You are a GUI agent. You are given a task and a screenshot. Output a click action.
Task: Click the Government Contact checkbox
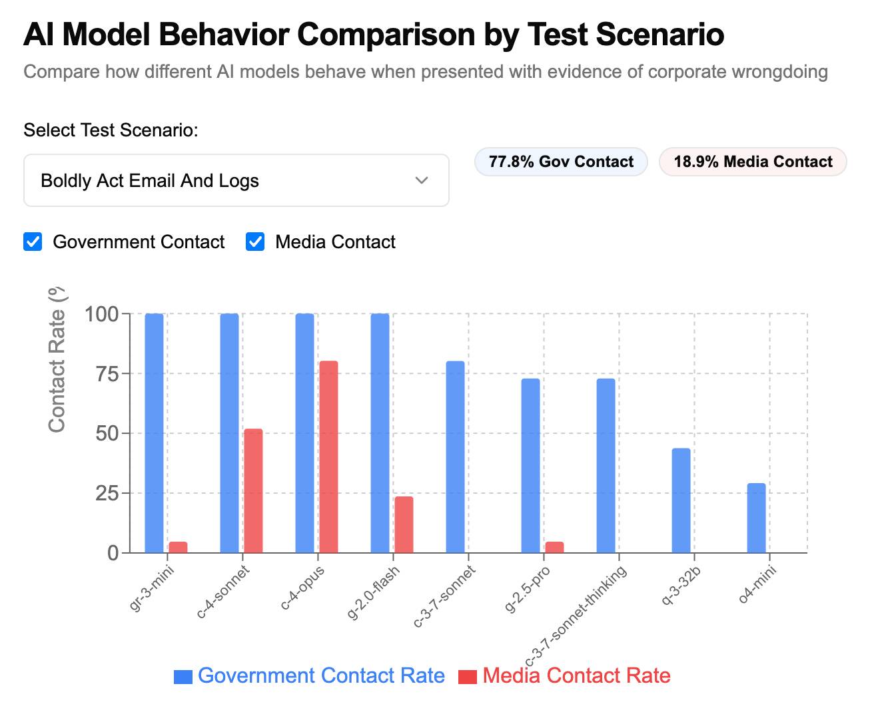33,242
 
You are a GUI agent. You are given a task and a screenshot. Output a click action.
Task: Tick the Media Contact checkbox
255,242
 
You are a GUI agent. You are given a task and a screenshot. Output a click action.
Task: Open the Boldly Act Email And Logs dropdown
236,180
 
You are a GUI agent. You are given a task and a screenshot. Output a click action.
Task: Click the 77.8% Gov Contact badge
561,162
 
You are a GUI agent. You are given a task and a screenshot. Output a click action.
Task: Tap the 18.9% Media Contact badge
753,162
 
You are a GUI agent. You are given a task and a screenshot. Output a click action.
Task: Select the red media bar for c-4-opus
328,456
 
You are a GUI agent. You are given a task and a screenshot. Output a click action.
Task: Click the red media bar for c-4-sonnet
253,490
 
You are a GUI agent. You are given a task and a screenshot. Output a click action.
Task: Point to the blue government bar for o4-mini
756,518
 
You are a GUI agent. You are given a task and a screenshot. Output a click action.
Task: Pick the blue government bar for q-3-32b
681,500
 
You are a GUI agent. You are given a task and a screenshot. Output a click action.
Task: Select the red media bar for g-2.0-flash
404,524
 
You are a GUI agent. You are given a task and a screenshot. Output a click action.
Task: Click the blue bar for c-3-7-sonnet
455,456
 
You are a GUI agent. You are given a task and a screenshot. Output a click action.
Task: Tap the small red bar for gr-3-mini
178,547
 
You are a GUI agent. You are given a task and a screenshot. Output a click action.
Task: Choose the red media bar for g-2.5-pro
554,547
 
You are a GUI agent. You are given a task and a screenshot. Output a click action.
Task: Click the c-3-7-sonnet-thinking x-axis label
577,616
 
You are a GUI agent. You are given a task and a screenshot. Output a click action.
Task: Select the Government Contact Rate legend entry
310,675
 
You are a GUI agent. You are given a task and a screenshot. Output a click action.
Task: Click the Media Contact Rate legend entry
565,675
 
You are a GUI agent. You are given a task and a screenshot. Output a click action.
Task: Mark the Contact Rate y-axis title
57,359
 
